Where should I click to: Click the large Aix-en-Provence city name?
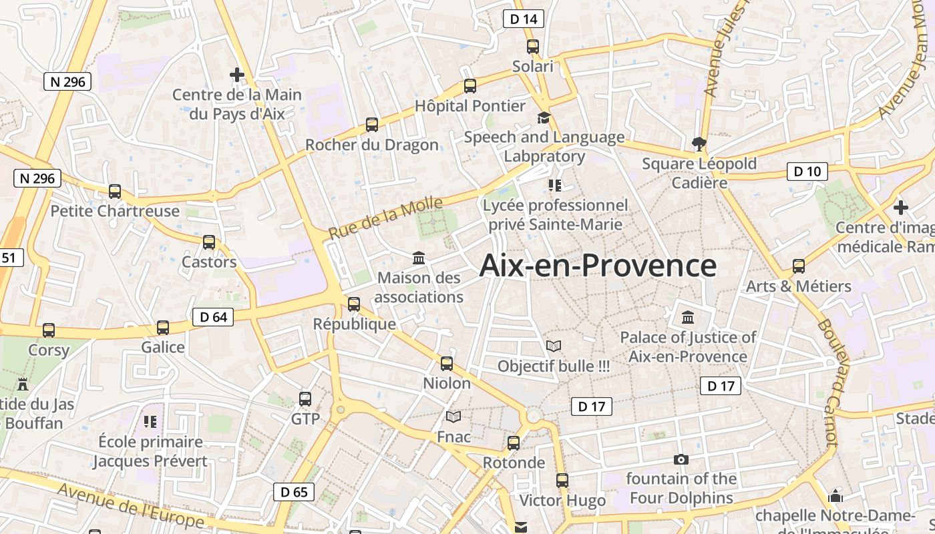(x=598, y=266)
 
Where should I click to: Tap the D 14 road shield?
(x=523, y=19)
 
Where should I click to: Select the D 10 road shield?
(x=807, y=172)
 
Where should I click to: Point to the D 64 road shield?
(x=213, y=317)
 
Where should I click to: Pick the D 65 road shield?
(x=294, y=492)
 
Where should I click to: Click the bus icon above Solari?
(x=532, y=47)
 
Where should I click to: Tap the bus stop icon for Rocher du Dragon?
(x=372, y=125)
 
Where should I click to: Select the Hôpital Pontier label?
(x=470, y=105)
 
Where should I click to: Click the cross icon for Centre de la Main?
(x=236, y=74)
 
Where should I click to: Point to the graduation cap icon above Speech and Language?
(x=544, y=117)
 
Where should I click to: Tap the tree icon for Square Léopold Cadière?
(x=699, y=143)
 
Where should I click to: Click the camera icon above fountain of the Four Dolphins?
(x=681, y=459)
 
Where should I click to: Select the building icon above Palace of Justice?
(x=688, y=317)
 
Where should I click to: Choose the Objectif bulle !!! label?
(x=554, y=366)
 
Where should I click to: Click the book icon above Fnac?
(x=453, y=417)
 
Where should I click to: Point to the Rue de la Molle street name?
(x=385, y=218)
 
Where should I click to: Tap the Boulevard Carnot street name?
(x=827, y=383)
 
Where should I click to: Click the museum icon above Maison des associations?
(x=419, y=258)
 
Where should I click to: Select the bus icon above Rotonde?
(x=514, y=443)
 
